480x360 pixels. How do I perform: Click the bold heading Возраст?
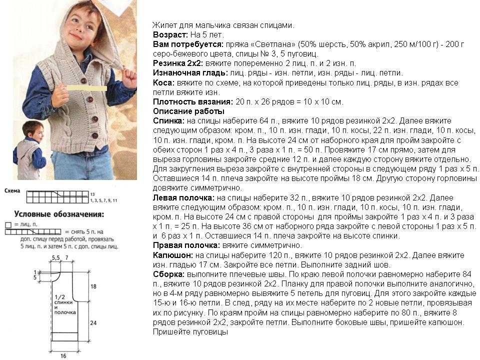click(x=170, y=35)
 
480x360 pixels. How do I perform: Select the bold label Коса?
click(x=163, y=82)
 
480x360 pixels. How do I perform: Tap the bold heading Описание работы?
click(x=188, y=111)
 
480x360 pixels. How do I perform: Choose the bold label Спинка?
click(x=169, y=121)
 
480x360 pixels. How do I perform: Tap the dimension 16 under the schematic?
click(x=63, y=355)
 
